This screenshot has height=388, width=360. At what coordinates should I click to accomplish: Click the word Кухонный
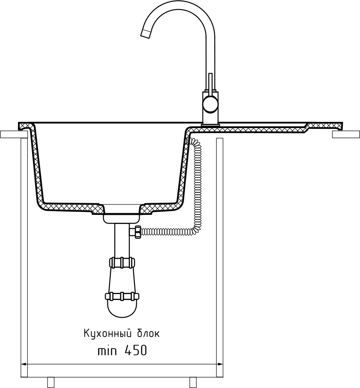coord(107,334)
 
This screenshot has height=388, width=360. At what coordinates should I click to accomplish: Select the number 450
coord(136,350)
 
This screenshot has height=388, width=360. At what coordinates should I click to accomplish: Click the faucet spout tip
coord(146,34)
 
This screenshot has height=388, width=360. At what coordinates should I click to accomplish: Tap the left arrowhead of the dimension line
coord(24,364)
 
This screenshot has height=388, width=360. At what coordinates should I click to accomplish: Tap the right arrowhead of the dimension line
coord(220,364)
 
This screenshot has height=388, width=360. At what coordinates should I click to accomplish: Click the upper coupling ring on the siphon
coord(122,262)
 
